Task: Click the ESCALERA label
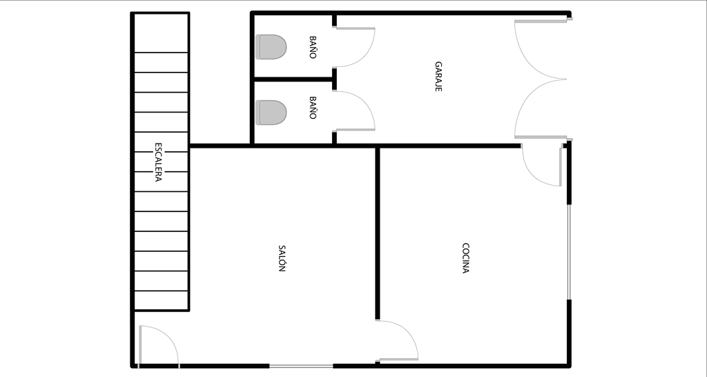pyautogui.click(x=158, y=162)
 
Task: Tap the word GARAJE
pyautogui.click(x=438, y=77)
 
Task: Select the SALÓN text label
pyautogui.click(x=282, y=258)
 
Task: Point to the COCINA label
pyautogui.click(x=466, y=258)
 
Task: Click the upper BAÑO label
pyautogui.click(x=313, y=48)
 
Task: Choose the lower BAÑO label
pyautogui.click(x=313, y=108)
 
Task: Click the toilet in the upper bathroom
pyautogui.click(x=271, y=47)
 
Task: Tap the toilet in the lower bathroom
pyautogui.click(x=271, y=113)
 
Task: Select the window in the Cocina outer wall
pyautogui.click(x=569, y=252)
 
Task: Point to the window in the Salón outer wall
pyautogui.click(x=301, y=366)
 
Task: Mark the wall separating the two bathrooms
pyautogui.click(x=293, y=79)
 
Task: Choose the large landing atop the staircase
pyautogui.click(x=162, y=33)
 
